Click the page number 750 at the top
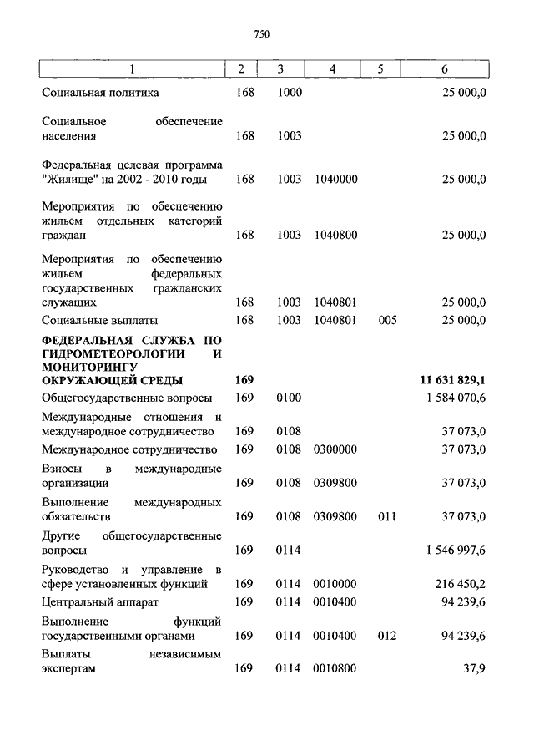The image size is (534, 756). coord(262,34)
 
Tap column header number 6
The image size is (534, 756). coord(444,69)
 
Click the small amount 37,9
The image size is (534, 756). coord(474,668)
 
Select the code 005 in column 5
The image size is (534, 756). coord(387,320)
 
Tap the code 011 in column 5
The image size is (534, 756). coord(387,517)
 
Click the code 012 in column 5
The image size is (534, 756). coord(387,636)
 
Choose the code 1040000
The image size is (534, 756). coord(335,179)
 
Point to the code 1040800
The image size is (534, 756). coord(335,236)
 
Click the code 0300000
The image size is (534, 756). coord(335,449)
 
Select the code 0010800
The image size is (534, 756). coord(335,668)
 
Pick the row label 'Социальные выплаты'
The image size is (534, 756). coord(99,320)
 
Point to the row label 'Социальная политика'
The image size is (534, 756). coord(100,93)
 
